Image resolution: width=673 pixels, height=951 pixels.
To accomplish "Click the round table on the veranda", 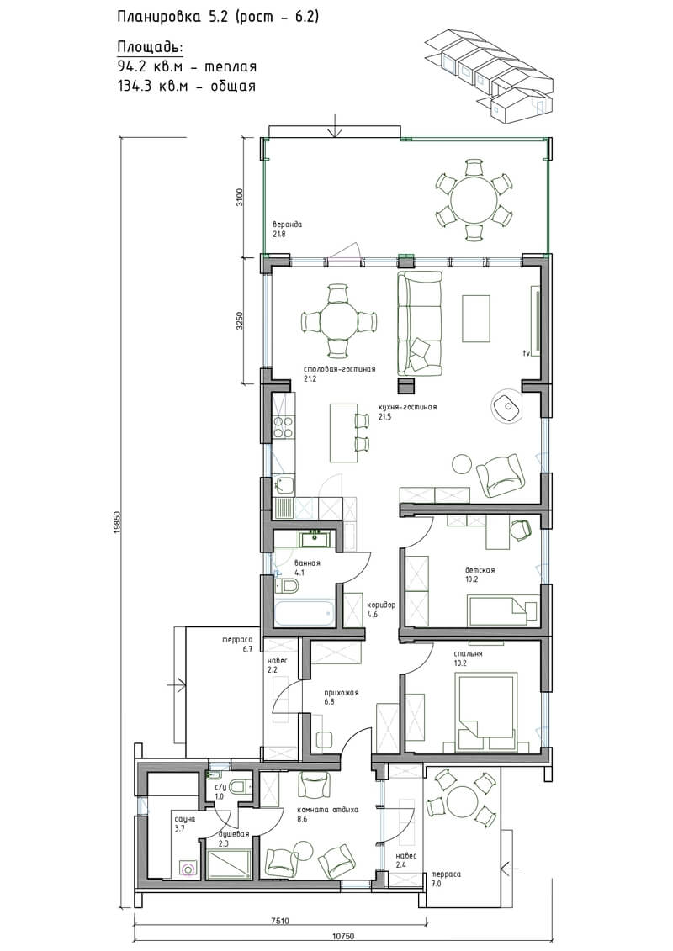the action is [472, 199].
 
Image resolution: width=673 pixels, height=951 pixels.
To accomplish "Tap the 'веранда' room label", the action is [287, 225].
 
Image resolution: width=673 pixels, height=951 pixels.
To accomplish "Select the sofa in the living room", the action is [419, 322].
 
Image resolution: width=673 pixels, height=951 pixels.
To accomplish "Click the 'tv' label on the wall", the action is [527, 352].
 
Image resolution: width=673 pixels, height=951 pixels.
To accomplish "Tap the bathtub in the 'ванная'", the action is [304, 613].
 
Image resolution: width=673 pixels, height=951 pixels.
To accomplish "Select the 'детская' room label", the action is [480, 570].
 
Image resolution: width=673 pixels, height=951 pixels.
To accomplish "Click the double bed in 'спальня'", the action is [487, 705].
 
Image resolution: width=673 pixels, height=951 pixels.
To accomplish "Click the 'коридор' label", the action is [381, 605].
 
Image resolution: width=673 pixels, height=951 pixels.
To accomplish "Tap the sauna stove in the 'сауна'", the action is [189, 869].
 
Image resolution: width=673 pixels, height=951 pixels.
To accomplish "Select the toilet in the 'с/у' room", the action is [238, 786].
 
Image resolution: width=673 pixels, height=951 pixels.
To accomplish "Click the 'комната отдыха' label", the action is [328, 810].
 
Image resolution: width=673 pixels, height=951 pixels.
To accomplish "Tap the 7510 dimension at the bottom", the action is [279, 921].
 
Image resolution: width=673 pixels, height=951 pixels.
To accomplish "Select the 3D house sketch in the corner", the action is [490, 74].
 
